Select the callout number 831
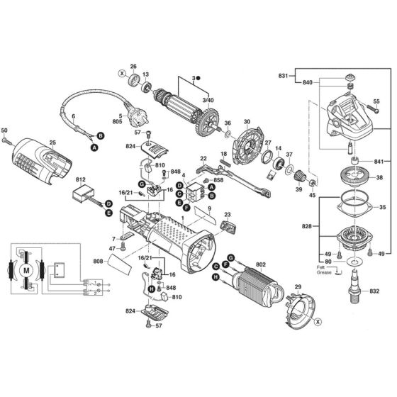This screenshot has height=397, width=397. pyautogui.click(x=283, y=76)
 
